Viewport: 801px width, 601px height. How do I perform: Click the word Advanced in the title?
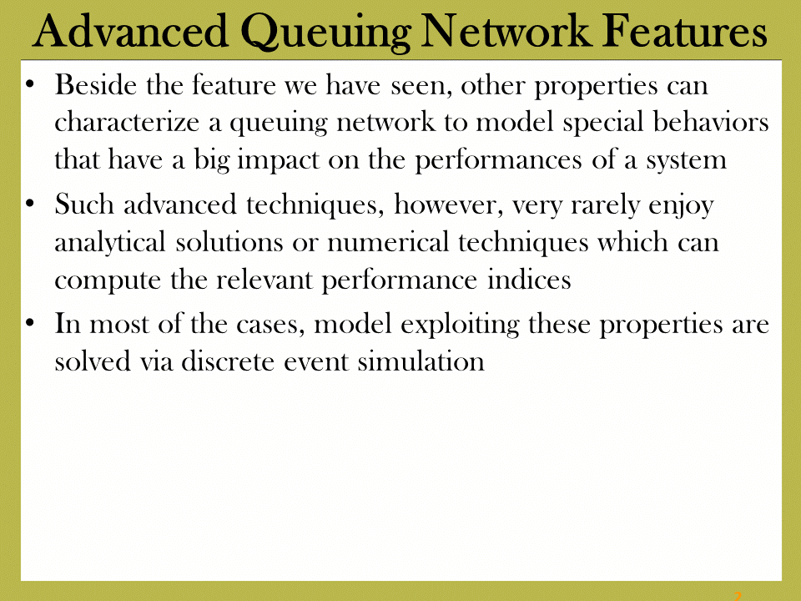click(x=130, y=31)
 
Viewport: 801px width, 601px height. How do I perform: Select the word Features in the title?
click(x=684, y=31)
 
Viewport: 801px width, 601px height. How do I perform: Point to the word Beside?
click(x=95, y=84)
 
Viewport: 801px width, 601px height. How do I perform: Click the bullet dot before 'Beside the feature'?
click(x=30, y=83)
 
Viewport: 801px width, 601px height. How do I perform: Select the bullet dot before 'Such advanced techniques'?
click(x=30, y=204)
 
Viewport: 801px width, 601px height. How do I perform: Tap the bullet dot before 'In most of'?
click(x=30, y=323)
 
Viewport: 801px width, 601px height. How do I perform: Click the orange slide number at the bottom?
click(x=737, y=596)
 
